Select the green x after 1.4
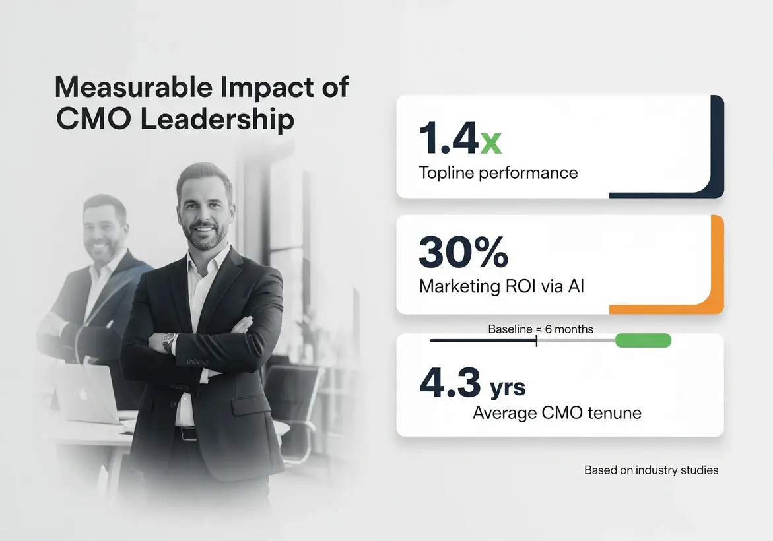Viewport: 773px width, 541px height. pyautogui.click(x=490, y=142)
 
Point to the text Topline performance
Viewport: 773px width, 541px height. pyautogui.click(x=498, y=173)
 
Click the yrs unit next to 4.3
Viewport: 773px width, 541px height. pyautogui.click(x=507, y=387)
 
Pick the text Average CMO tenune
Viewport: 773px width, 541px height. pyautogui.click(x=557, y=414)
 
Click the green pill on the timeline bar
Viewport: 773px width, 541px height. pyautogui.click(x=642, y=340)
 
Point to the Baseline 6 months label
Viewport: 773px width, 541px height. pyautogui.click(x=540, y=329)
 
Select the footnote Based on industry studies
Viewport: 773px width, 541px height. pyautogui.click(x=651, y=470)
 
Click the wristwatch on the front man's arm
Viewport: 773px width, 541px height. pyautogui.click(x=170, y=341)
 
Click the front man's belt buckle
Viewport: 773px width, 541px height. pyautogui.click(x=187, y=433)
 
